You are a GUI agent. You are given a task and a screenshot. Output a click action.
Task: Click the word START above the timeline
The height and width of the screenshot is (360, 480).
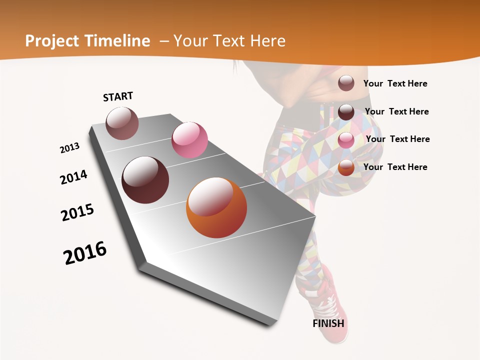tap(118, 96)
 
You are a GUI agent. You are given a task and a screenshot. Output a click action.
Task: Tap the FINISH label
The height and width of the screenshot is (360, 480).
tap(328, 323)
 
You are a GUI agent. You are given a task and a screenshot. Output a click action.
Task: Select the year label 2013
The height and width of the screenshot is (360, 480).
tap(70, 148)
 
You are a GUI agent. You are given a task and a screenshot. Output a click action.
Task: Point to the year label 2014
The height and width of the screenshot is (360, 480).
tap(74, 177)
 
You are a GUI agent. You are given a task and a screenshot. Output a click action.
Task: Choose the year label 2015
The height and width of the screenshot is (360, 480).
tap(77, 212)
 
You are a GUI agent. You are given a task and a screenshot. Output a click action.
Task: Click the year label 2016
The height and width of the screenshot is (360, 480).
tap(85, 252)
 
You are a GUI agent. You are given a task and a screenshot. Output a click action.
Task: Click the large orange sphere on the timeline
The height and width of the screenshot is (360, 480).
tap(216, 208)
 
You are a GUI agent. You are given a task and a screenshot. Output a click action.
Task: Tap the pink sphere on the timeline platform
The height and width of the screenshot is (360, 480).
tap(189, 140)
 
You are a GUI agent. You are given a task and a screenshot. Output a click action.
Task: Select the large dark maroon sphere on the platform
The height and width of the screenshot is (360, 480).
tap(145, 180)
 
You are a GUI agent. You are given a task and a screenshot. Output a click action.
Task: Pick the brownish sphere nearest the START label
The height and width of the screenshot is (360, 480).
tap(122, 123)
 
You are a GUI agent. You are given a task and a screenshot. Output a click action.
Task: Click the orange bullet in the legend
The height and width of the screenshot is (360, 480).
tap(346, 167)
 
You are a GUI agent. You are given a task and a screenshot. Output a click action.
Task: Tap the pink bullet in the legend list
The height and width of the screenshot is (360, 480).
tap(346, 140)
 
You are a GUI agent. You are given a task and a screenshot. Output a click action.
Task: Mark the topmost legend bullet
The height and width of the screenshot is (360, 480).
tap(346, 83)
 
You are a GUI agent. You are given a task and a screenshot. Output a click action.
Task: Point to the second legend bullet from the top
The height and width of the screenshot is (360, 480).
tap(346, 112)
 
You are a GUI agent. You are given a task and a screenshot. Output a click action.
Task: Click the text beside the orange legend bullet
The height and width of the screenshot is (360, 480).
tap(395, 167)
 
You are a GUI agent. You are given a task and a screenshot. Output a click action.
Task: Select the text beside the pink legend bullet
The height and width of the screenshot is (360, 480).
tap(398, 139)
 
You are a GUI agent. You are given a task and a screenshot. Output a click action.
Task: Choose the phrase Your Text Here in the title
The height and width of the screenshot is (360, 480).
tap(229, 41)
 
